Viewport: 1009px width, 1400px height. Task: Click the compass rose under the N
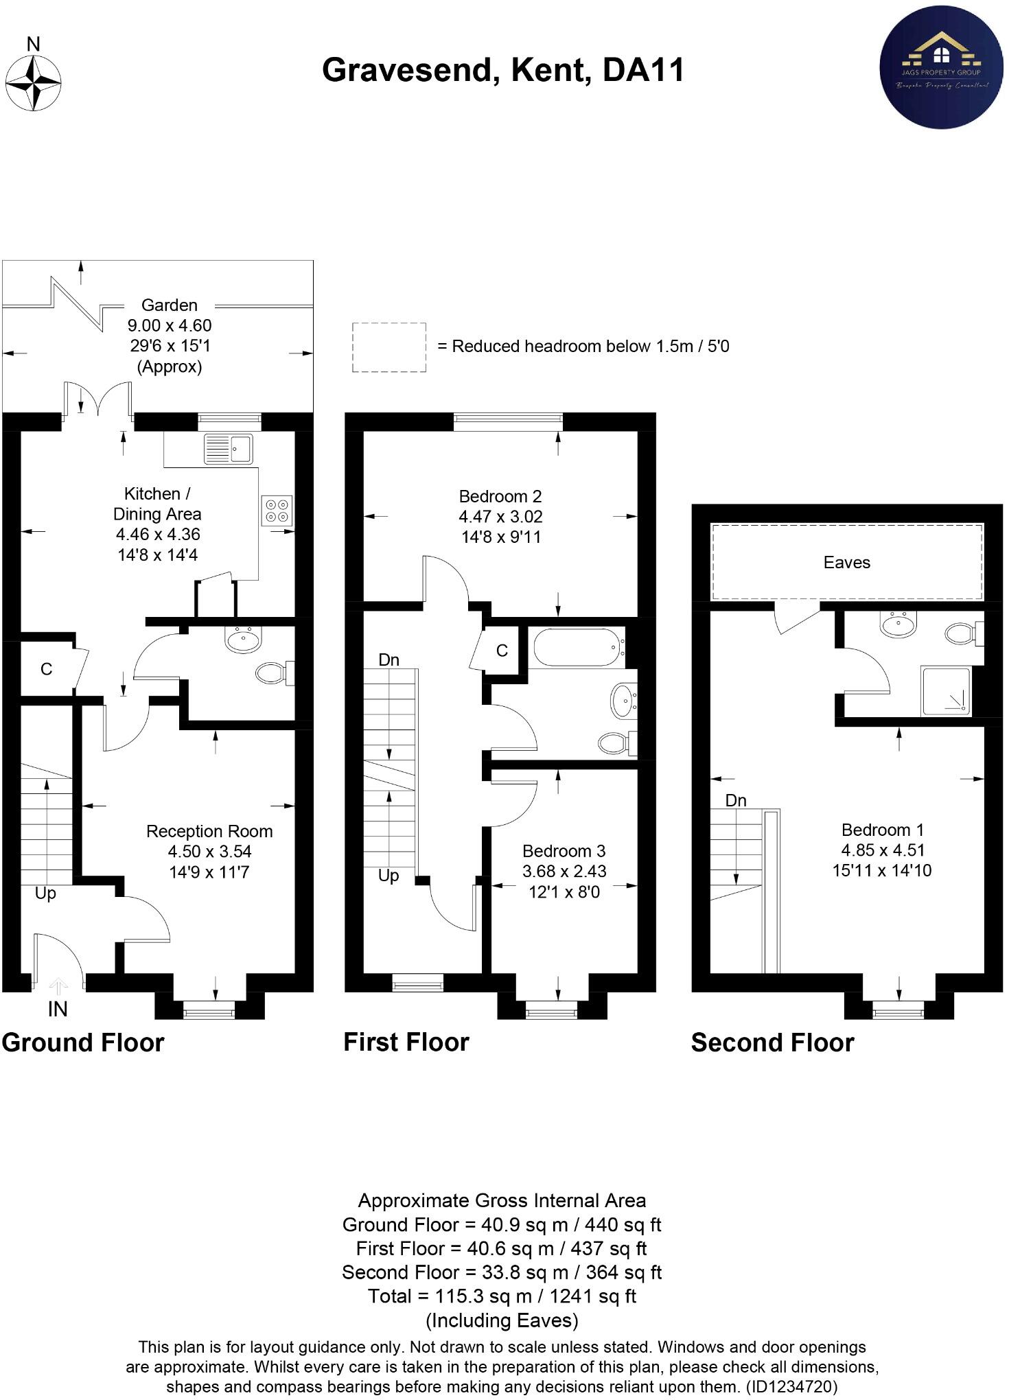[x=33, y=84]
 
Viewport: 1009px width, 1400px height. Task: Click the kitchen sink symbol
[x=229, y=449]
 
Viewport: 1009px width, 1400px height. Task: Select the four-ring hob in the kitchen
[x=277, y=511]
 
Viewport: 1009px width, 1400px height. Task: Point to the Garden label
[x=170, y=305]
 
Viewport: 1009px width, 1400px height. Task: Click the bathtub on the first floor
[x=579, y=647]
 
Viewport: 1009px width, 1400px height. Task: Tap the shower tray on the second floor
[x=947, y=691]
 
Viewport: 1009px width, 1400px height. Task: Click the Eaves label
[x=846, y=563]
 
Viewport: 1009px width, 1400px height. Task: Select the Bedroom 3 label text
[x=564, y=851]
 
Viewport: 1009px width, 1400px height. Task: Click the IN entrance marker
[x=58, y=1008]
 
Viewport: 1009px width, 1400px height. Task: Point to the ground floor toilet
[x=273, y=673]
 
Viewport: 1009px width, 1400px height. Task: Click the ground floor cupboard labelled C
[x=46, y=669]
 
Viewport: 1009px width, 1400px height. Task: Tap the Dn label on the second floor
[x=736, y=800]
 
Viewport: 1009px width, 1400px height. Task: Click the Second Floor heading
[x=772, y=1042]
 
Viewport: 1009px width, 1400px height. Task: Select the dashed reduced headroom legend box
[x=389, y=347]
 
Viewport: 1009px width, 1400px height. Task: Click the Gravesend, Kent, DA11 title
[x=503, y=70]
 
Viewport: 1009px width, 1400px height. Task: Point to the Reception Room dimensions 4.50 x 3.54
[x=209, y=852]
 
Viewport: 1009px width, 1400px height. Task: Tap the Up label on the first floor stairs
[x=388, y=876]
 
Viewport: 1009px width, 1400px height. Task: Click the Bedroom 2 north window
[x=507, y=421]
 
